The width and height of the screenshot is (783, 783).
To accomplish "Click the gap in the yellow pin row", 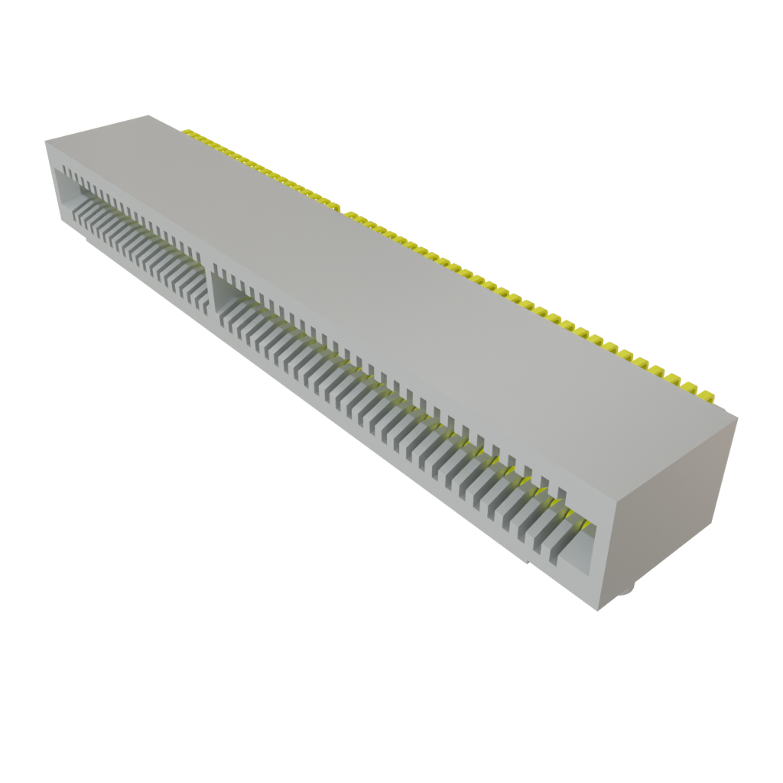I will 342,209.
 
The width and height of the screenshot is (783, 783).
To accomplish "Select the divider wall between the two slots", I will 210,283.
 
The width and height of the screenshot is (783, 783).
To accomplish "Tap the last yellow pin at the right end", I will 708,396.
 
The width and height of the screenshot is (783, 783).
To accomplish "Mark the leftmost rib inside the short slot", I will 76,207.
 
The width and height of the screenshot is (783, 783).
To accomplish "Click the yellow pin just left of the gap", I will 334,205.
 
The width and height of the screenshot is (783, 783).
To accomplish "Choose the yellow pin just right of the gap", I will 349,214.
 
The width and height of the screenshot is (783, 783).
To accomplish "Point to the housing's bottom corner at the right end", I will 598,611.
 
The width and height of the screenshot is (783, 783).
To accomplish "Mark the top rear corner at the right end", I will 738,416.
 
